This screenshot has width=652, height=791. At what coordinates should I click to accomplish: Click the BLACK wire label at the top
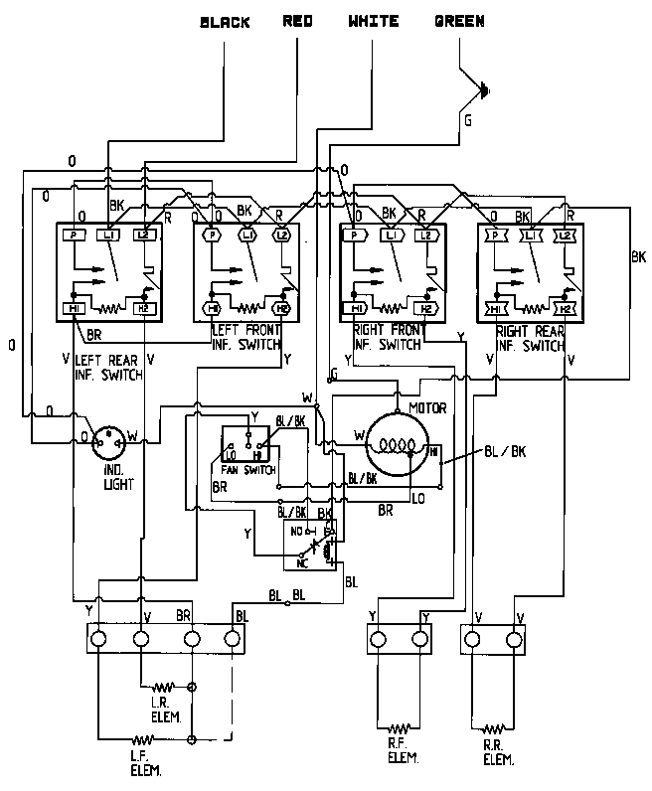[x=225, y=21]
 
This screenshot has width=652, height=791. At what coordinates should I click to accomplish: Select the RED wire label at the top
[x=300, y=21]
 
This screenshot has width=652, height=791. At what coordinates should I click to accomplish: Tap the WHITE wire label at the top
[x=374, y=21]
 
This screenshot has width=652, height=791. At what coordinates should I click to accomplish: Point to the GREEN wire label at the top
[x=459, y=21]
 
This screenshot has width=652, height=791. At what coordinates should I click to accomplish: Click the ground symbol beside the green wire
[x=484, y=92]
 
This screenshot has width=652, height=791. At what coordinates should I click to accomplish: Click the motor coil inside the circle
[x=396, y=445]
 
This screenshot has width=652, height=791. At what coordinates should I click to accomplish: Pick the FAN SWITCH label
[x=242, y=469]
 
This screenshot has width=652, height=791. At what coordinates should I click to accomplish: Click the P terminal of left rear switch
[x=76, y=235]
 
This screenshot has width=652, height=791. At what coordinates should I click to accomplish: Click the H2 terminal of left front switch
[x=281, y=309]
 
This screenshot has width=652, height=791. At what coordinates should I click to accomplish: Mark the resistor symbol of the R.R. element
[x=491, y=725]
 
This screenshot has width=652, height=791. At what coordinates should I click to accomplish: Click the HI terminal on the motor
[x=433, y=451]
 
